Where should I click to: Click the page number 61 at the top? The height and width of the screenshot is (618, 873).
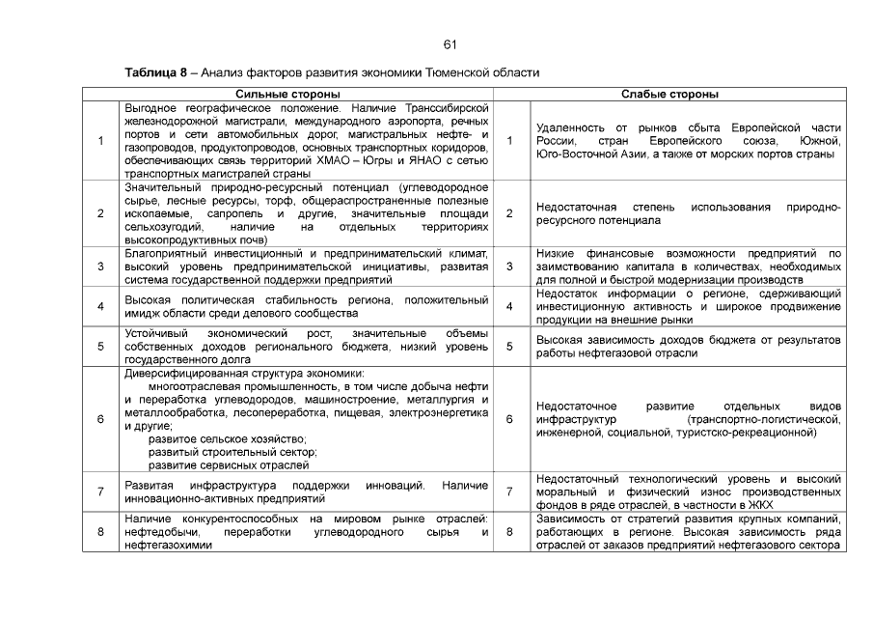click(x=450, y=44)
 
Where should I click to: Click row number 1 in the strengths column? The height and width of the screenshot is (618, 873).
click(x=101, y=141)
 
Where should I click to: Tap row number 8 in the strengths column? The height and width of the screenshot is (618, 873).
click(x=101, y=532)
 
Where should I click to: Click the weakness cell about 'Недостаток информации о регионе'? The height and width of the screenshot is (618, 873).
click(x=688, y=305)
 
